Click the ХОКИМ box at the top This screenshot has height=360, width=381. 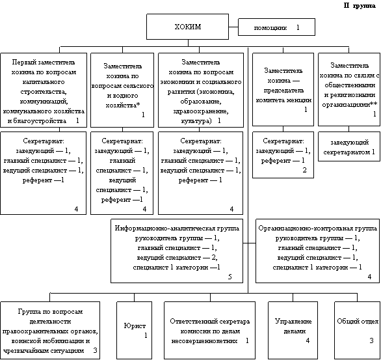(187, 27)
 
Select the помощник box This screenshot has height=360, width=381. (276, 27)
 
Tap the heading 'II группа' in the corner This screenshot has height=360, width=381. (360, 6)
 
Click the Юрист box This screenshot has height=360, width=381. (135, 330)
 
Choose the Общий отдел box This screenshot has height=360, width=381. (357, 330)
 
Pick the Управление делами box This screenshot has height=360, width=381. (293, 330)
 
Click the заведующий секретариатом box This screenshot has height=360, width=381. (349, 146)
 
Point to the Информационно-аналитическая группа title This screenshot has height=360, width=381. (177, 228)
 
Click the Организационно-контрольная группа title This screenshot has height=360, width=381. (317, 228)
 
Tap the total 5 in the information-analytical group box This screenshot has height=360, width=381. (230, 277)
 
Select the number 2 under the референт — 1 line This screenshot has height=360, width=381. (304, 170)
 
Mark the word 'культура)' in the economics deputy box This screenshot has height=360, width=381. (196, 121)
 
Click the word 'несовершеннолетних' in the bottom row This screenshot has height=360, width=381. (204, 340)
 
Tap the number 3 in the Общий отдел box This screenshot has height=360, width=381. (371, 340)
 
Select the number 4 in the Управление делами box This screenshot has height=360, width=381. (308, 340)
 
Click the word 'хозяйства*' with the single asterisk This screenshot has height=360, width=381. (123, 105)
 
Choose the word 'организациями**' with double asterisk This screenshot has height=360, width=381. (350, 105)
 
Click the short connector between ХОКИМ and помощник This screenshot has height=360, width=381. (233, 27)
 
